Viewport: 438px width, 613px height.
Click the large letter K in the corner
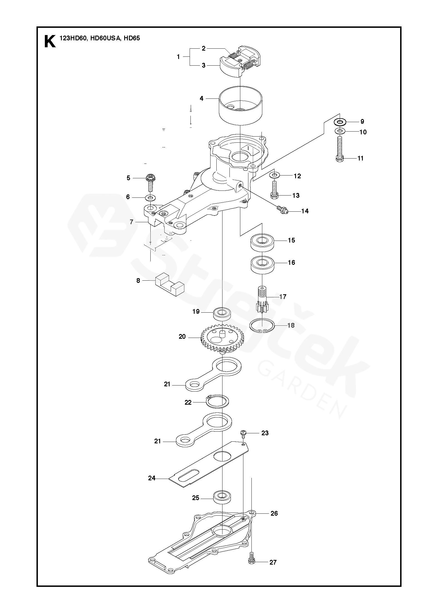click(x=50, y=41)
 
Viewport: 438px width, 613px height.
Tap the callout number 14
click(x=305, y=211)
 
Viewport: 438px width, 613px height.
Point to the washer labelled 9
click(x=340, y=122)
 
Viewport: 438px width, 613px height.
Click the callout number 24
click(x=152, y=478)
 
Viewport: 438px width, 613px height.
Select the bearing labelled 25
click(x=222, y=498)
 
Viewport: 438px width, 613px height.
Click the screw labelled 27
click(x=251, y=560)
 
